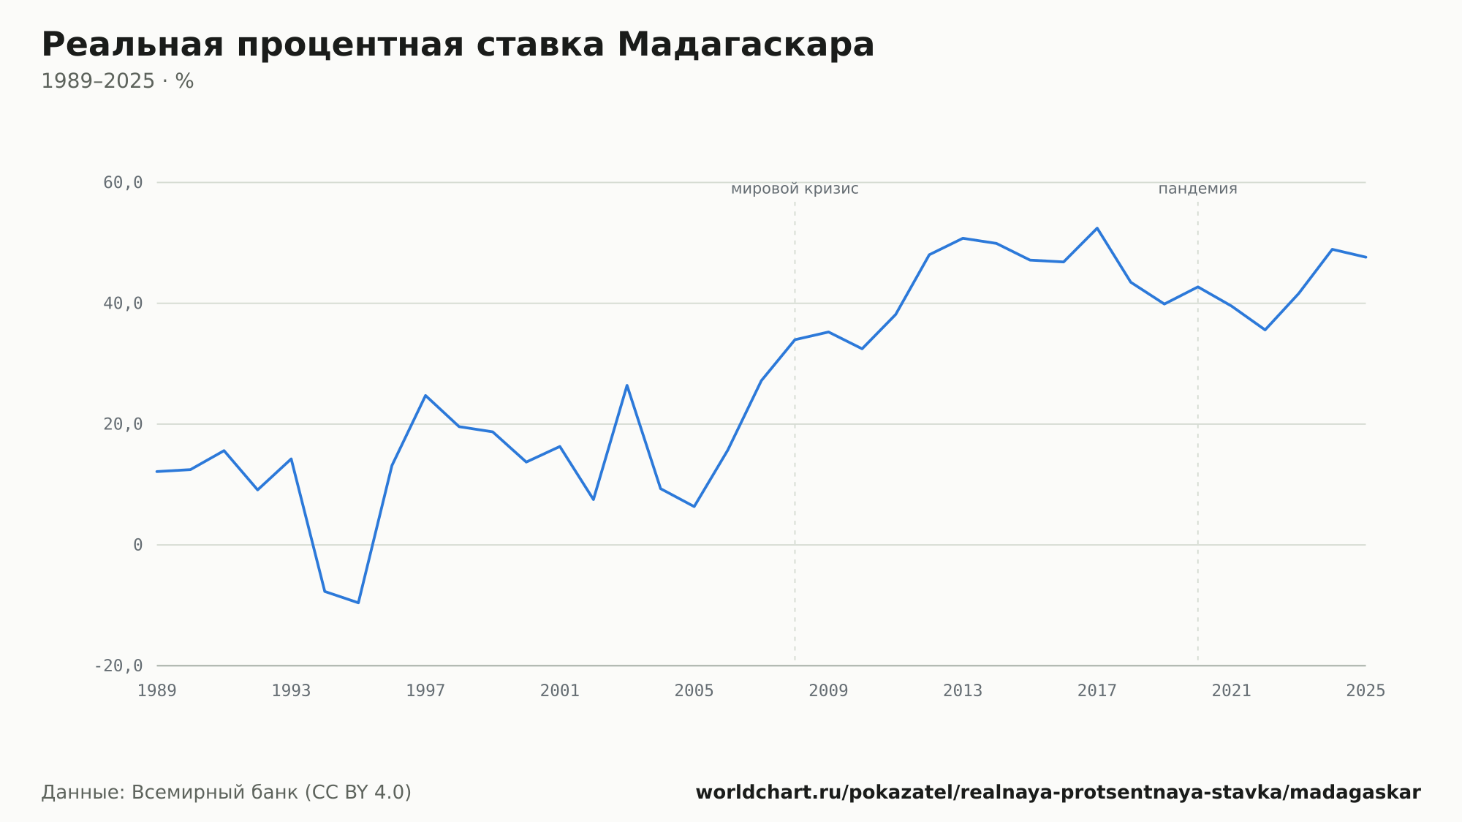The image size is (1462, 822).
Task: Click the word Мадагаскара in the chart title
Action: pyautogui.click(x=746, y=45)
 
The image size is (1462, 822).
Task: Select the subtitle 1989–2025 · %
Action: pyautogui.click(x=118, y=81)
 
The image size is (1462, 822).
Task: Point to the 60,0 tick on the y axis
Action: pyautogui.click(x=123, y=183)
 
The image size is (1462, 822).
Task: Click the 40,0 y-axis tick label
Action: pyautogui.click(x=123, y=303)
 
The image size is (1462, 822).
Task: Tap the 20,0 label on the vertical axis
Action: pyautogui.click(x=123, y=424)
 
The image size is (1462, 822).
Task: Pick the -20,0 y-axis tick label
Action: pyautogui.click(x=118, y=665)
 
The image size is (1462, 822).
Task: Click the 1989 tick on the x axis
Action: pyautogui.click(x=157, y=690)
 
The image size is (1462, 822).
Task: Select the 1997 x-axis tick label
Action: pyautogui.click(x=425, y=690)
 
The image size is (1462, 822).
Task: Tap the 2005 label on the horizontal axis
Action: pyautogui.click(x=694, y=690)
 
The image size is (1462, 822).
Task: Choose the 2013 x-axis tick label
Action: pyautogui.click(x=963, y=690)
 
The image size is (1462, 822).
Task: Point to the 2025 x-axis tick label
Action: pyautogui.click(x=1366, y=690)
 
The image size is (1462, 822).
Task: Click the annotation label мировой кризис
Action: pyautogui.click(x=795, y=189)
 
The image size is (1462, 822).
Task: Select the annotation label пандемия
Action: pyautogui.click(x=1198, y=189)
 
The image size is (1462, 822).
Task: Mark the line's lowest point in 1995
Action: pyautogui.click(x=358, y=603)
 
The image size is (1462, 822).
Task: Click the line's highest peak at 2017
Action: pyautogui.click(x=1097, y=228)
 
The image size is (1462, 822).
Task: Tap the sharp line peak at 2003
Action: pyautogui.click(x=627, y=385)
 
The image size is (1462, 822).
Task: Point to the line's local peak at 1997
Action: pyautogui.click(x=425, y=396)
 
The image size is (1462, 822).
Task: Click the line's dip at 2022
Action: pyautogui.click(x=1265, y=330)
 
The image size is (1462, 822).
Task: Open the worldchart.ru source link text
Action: pyautogui.click(x=1058, y=792)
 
